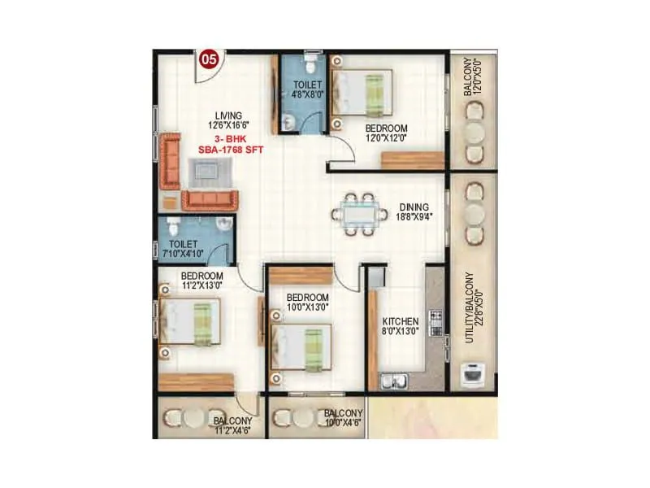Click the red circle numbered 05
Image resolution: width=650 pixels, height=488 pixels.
pos(209,59)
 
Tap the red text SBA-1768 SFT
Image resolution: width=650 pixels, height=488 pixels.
pos(228,150)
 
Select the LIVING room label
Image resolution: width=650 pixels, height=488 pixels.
pos(229,114)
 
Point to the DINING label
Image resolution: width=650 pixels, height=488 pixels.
pos(413,207)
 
